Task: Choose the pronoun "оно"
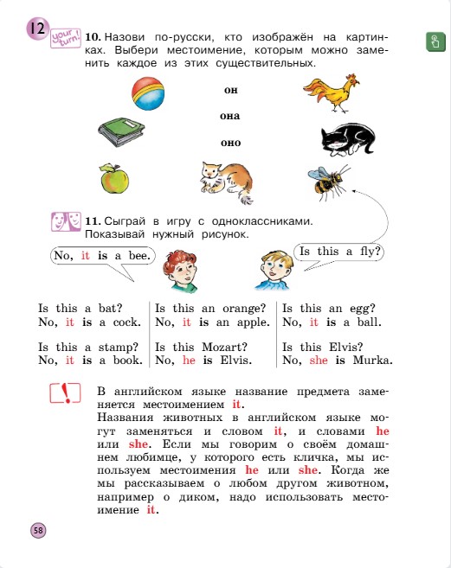point(230,143)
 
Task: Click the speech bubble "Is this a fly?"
point(340,252)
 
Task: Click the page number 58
point(38,529)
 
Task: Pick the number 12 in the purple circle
point(36,29)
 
